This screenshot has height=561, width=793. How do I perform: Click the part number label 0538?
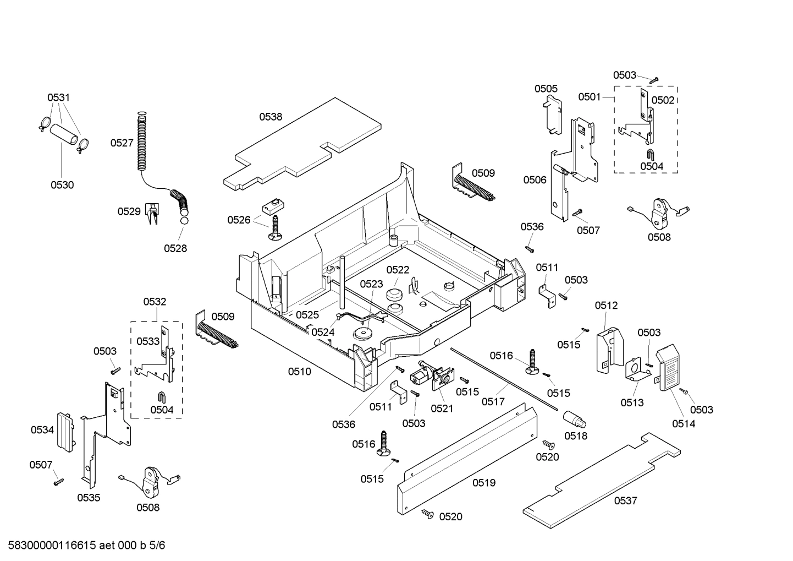point(271,117)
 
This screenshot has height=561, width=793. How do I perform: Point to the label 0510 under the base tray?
point(299,372)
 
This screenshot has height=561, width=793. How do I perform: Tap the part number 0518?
point(575,436)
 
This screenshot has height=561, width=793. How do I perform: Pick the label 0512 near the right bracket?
point(605,306)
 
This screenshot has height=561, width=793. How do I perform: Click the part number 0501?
point(589,97)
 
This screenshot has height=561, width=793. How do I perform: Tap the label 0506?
point(535,179)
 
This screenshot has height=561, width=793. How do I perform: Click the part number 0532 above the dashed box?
point(155,302)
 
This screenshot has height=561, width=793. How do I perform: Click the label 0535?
point(89,498)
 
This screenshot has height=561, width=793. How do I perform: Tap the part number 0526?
point(239,220)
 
